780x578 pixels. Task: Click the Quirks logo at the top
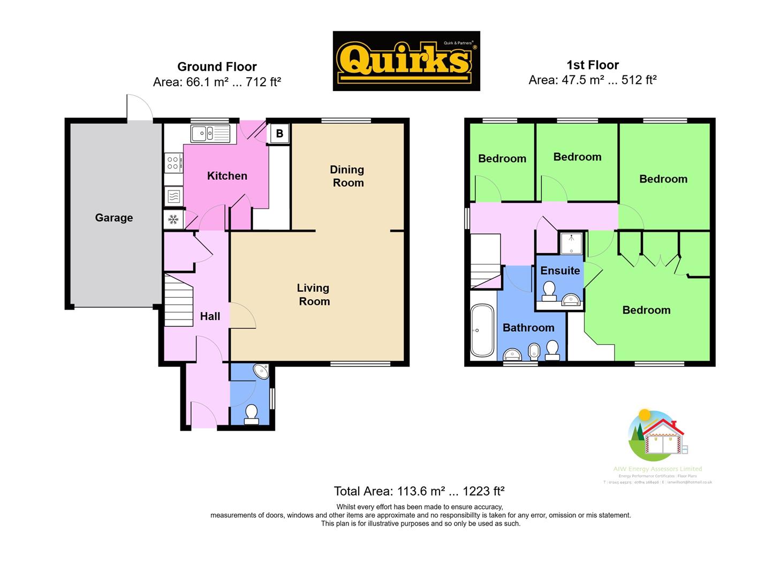pos(406,61)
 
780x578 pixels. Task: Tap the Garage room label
pos(114,218)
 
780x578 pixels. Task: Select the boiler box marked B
pos(279,133)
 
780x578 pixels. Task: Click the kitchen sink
pos(210,133)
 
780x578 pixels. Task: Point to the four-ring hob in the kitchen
pos(172,162)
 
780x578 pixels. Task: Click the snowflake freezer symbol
pos(173,219)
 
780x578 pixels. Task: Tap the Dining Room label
pos(347,176)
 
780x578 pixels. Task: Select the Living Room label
pos(314,294)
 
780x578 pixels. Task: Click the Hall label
pos(210,316)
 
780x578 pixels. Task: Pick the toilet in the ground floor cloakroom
pos(251,413)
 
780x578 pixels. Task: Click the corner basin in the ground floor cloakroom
pos(262,371)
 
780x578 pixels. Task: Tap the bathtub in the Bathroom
pos(482,331)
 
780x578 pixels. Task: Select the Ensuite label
pos(560,271)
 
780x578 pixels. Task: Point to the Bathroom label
pos(528,328)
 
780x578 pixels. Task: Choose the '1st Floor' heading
pos(593,65)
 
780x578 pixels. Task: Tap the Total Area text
pos(419,491)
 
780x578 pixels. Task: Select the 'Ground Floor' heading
pos(217,67)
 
